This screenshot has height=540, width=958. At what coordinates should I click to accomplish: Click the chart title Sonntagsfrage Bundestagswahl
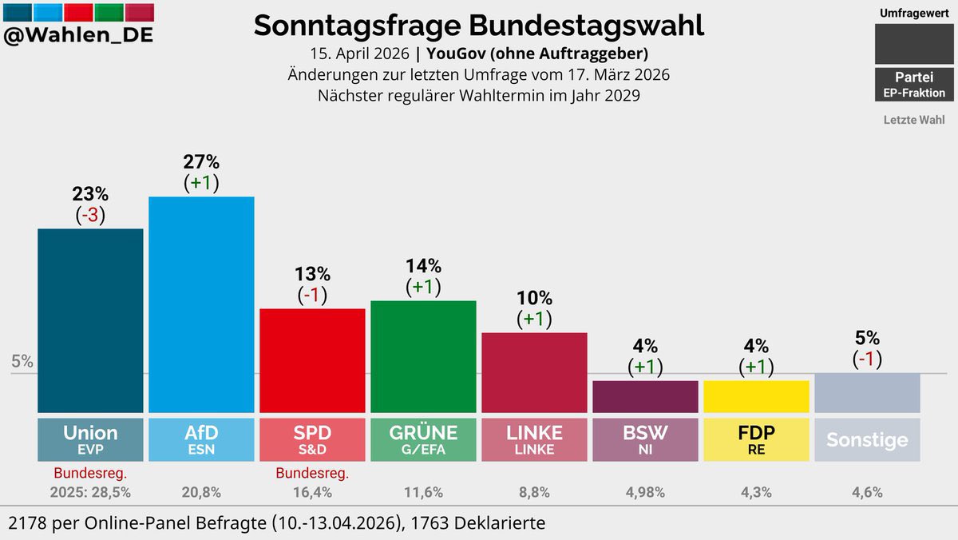pos(478,26)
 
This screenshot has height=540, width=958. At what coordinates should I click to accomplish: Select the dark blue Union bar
pos(90,320)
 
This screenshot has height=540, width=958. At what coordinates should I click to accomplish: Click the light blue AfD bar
pos(201,304)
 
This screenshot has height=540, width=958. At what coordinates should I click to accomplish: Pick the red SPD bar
pos(312,359)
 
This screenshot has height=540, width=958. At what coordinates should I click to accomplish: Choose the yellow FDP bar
pos(756,396)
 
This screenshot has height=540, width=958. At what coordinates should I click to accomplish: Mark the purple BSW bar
pos(645,396)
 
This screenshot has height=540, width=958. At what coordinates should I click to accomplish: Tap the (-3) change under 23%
pos(90,216)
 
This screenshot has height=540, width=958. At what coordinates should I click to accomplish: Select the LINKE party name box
pos(534,439)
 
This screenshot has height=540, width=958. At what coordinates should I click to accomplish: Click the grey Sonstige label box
pos(867,439)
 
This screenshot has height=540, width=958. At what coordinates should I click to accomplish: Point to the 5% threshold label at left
pos(22,361)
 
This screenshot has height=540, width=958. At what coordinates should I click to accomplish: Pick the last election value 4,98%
pos(645,493)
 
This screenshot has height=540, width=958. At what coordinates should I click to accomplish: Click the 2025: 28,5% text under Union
pos(90,493)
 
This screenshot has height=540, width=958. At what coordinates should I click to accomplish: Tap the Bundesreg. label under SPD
pos(312,473)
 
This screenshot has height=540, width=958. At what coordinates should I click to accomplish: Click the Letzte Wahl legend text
pos(913,120)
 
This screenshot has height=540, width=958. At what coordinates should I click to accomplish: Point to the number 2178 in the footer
pos(26,523)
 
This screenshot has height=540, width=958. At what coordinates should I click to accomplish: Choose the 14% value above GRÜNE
pos(423,266)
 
